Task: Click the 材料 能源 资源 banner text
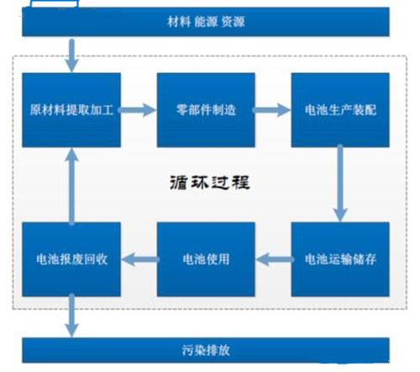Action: click(x=206, y=22)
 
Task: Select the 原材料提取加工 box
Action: click(x=71, y=110)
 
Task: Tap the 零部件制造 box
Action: click(x=206, y=110)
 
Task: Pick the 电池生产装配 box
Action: click(x=340, y=110)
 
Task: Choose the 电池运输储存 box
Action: click(x=340, y=259)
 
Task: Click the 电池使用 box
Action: click(x=206, y=259)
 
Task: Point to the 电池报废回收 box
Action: click(x=71, y=259)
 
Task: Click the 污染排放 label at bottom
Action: click(x=206, y=350)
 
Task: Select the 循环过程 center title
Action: click(x=210, y=183)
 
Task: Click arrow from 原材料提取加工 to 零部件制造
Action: click(x=137, y=110)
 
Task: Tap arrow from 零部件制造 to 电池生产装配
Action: click(x=271, y=110)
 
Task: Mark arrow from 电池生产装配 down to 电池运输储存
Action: click(x=340, y=183)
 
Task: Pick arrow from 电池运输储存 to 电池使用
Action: click(x=275, y=259)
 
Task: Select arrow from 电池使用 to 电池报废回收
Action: click(x=140, y=259)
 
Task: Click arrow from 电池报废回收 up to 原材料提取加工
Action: click(x=71, y=187)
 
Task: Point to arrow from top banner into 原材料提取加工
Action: click(x=71, y=56)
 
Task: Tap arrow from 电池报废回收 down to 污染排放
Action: click(x=71, y=316)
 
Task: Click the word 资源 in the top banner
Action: click(x=233, y=22)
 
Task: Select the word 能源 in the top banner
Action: click(x=206, y=22)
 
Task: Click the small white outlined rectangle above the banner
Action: click(x=55, y=3)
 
